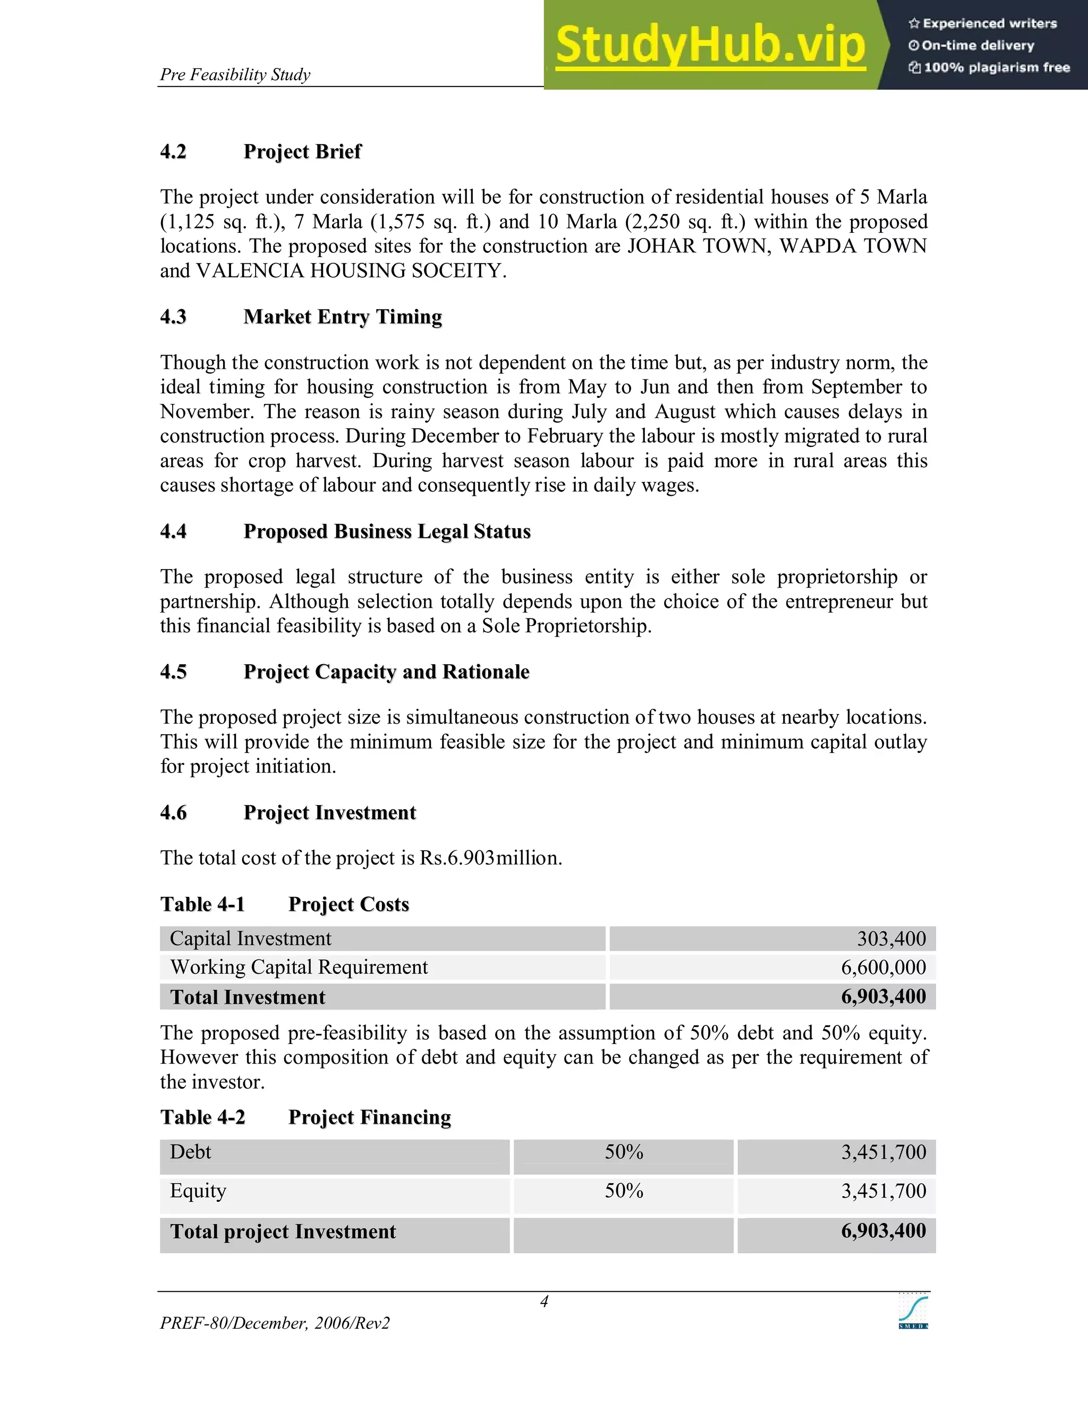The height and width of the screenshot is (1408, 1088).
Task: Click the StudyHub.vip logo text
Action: (710, 45)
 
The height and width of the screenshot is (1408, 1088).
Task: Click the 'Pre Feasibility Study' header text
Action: (235, 75)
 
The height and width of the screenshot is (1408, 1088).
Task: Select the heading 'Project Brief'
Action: (302, 151)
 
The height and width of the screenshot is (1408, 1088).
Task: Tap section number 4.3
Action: (173, 317)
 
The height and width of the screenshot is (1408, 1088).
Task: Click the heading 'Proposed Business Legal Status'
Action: (387, 531)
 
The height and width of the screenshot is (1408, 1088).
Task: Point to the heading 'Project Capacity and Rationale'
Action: (386, 672)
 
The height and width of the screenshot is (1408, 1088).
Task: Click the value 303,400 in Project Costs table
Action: (891, 939)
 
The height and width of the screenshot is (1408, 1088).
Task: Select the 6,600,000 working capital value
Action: (883, 967)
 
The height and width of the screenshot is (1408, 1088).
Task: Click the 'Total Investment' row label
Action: (248, 997)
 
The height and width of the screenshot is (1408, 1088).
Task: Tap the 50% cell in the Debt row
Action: (623, 1152)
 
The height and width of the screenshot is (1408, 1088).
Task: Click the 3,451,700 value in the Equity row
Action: (883, 1191)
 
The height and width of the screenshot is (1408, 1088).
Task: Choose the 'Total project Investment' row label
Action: (283, 1232)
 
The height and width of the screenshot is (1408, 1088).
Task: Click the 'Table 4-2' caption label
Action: (202, 1117)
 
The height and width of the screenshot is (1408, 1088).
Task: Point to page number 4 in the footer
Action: (544, 1302)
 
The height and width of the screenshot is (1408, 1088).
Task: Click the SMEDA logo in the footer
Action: (913, 1312)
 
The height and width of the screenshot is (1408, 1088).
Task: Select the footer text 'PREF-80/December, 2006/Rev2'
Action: (275, 1324)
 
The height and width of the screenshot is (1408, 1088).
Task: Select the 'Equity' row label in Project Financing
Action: (198, 1191)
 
